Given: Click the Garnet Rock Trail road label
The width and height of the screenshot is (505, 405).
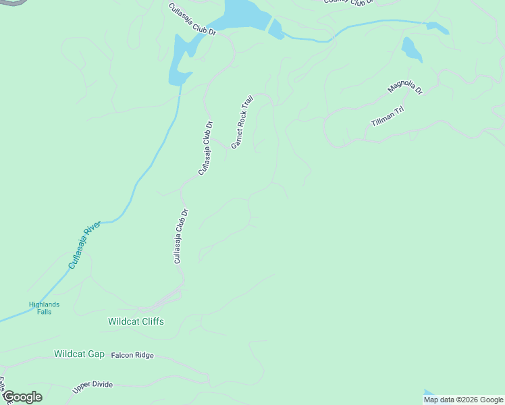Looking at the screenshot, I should (x=242, y=122).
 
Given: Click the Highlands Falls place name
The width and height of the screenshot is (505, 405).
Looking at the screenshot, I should (x=44, y=308).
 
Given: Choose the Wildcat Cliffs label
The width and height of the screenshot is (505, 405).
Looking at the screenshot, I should (x=136, y=322).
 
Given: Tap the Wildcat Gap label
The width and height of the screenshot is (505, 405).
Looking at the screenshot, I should (x=79, y=354).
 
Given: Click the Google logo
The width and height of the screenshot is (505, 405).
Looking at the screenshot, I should (x=22, y=397).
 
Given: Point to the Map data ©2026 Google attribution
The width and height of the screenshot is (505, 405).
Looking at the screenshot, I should (x=463, y=400).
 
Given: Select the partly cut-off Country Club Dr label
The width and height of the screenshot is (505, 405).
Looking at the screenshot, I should (x=348, y=2).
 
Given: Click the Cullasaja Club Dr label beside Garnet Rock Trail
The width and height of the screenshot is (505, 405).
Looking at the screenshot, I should (x=206, y=148).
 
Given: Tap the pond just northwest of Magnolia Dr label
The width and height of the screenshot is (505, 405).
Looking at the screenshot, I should (x=411, y=49).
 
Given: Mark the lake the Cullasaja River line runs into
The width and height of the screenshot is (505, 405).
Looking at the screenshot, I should (x=181, y=61).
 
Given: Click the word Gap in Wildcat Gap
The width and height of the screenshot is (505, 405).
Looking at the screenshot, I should (x=95, y=354).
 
